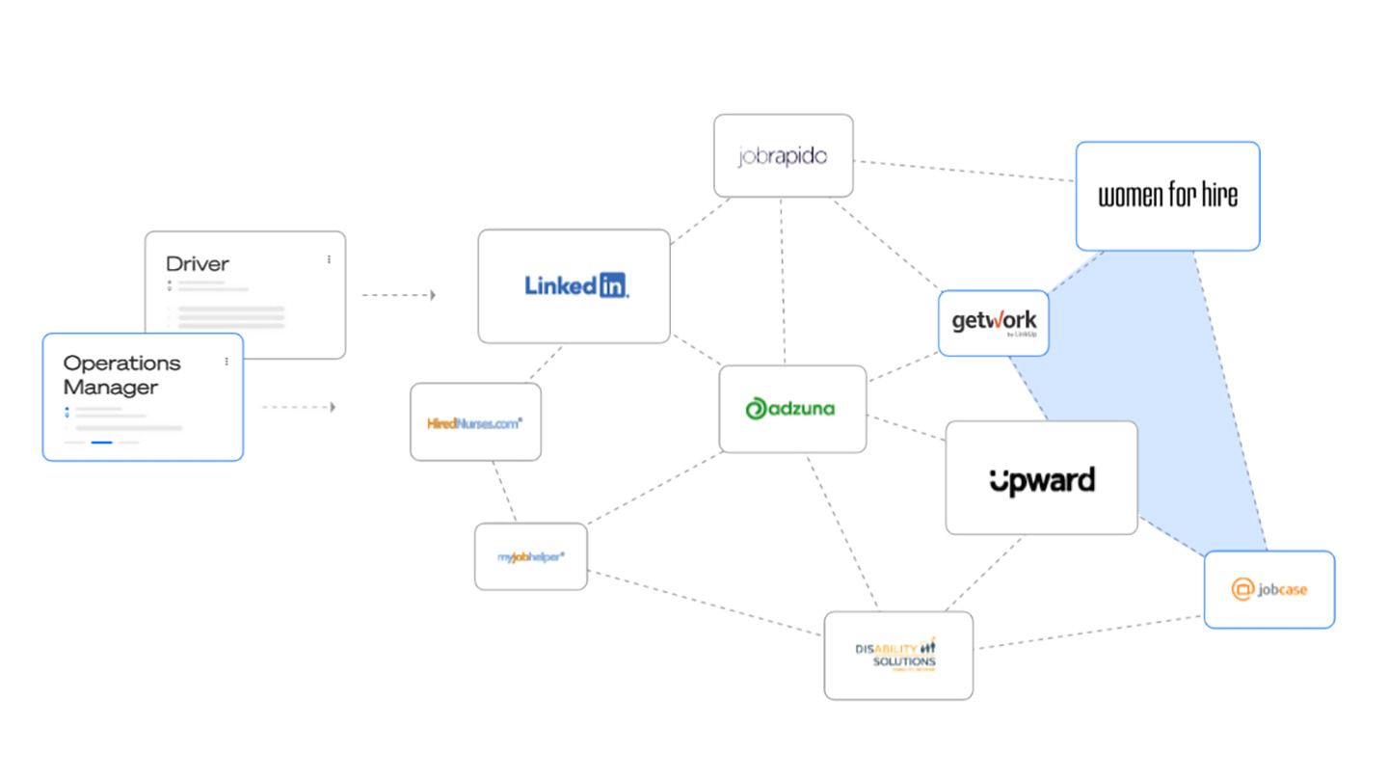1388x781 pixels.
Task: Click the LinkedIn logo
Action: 576,285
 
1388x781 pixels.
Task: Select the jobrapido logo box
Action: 783,156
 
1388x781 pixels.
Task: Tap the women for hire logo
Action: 1167,197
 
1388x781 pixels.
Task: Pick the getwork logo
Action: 993,322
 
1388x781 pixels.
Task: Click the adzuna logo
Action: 791,409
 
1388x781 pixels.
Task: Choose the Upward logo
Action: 1041,479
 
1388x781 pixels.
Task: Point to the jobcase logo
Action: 1269,589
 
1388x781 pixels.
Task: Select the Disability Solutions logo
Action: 897,656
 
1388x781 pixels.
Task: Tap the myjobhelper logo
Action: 530,556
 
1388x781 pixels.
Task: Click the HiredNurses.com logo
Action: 475,422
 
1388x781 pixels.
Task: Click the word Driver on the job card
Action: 198,263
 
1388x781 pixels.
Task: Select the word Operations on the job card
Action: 121,364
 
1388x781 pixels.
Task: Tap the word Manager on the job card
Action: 110,388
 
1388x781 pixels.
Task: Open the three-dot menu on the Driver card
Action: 329,259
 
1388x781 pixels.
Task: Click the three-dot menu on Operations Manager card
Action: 227,362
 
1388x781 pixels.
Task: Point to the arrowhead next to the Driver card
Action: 433,295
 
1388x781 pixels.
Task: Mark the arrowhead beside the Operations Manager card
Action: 333,408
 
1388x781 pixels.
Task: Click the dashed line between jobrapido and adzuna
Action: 783,280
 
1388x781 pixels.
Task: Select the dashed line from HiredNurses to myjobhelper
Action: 504,492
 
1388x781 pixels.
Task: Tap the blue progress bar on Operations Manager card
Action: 101,443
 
